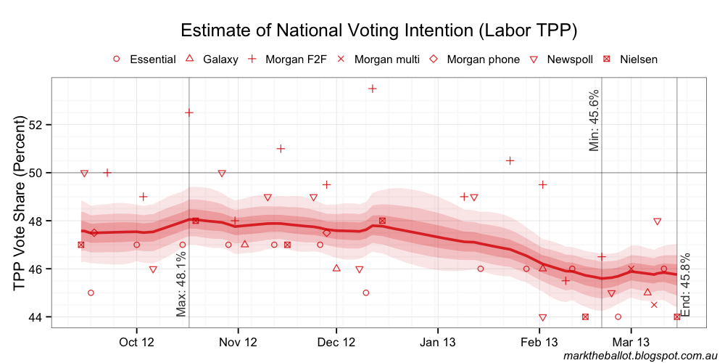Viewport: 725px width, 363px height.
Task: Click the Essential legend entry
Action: point(145,59)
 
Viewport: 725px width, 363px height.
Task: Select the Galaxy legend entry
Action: point(212,59)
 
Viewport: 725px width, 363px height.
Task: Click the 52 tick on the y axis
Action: point(38,125)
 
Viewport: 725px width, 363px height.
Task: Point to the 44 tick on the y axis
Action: point(38,317)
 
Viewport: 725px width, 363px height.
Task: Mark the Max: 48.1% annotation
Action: point(181,283)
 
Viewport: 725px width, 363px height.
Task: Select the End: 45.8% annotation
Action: point(686,284)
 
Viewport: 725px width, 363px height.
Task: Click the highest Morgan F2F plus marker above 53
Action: point(373,89)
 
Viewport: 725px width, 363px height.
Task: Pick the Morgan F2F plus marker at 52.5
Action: point(189,113)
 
